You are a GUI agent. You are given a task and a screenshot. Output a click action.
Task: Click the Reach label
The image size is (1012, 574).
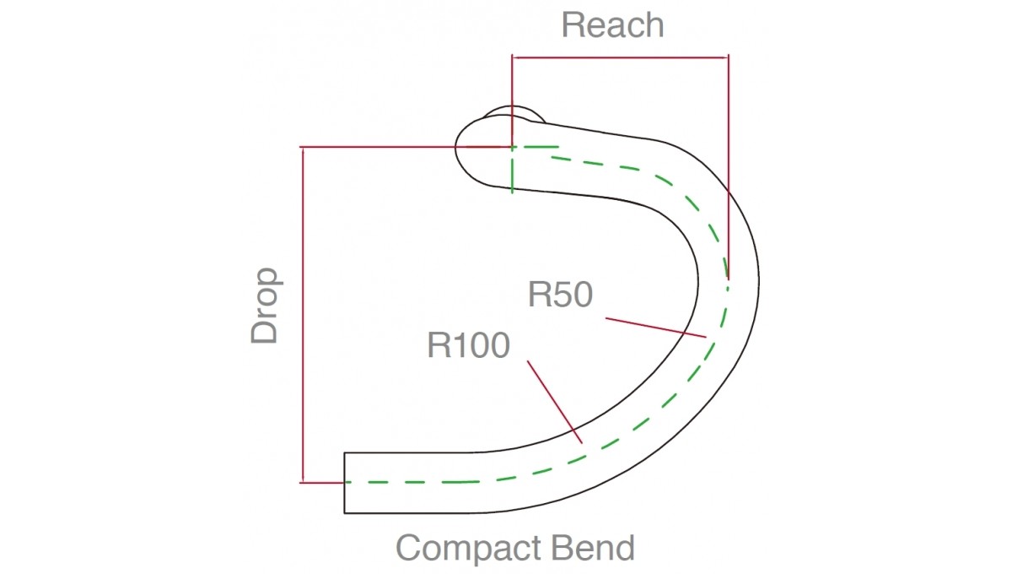click(x=612, y=25)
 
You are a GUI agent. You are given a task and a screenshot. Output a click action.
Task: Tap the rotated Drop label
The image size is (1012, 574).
click(x=265, y=306)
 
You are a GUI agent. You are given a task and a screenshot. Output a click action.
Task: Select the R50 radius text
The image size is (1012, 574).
click(x=560, y=295)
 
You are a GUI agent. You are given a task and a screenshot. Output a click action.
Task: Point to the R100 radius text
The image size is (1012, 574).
click(x=469, y=345)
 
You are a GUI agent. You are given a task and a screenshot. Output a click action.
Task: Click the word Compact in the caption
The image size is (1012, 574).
click(x=470, y=548)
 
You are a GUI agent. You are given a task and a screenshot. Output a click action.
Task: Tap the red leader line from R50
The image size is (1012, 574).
click(x=656, y=328)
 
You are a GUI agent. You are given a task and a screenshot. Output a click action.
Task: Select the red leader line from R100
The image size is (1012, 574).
click(x=555, y=402)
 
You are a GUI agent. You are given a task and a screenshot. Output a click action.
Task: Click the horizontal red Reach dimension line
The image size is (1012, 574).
click(x=620, y=57)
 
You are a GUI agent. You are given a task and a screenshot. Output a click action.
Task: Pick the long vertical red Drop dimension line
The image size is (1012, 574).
click(x=303, y=315)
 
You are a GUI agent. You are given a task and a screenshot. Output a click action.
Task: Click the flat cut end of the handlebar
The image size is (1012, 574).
click(x=344, y=483)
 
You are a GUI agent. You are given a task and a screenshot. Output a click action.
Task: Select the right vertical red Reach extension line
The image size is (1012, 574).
click(x=729, y=167)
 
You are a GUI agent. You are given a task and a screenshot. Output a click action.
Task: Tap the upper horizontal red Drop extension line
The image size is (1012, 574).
click(x=406, y=147)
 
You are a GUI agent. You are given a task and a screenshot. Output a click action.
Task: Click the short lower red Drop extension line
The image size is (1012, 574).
click(x=321, y=483)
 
